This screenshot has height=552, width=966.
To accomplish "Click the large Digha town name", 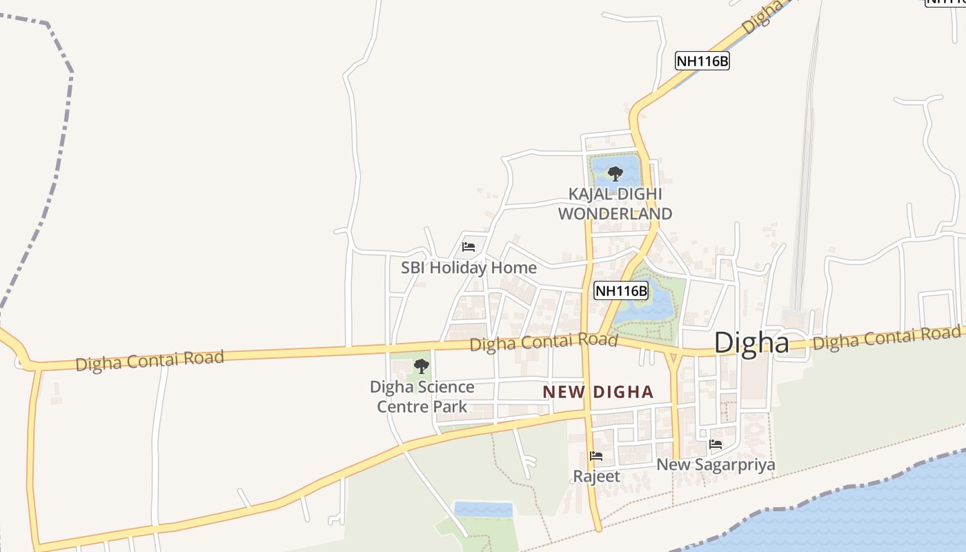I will click(751, 342).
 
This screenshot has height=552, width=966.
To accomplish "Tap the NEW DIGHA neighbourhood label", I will click(598, 393).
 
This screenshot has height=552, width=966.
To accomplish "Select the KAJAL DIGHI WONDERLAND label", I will click(615, 204).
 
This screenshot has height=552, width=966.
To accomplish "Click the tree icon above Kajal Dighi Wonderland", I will click(615, 174).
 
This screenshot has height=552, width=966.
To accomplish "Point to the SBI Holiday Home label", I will click(469, 268).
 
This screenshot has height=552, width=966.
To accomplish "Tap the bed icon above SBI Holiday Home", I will click(469, 246).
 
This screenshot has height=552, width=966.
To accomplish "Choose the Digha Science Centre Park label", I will click(422, 397).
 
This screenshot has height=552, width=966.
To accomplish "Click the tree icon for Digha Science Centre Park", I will click(421, 366).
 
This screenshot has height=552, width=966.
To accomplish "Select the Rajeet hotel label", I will click(596, 476).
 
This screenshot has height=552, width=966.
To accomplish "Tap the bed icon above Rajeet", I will click(596, 456).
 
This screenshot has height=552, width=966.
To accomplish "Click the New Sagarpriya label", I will click(716, 464).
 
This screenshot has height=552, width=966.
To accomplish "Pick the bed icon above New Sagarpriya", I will click(716, 444).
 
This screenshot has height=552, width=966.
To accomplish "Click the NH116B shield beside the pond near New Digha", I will click(621, 290).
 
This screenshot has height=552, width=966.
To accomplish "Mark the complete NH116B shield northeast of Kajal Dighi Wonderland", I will click(702, 61).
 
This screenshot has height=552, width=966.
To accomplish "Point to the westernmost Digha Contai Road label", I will click(150, 360).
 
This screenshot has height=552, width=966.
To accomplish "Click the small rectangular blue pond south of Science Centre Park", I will click(484, 510).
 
